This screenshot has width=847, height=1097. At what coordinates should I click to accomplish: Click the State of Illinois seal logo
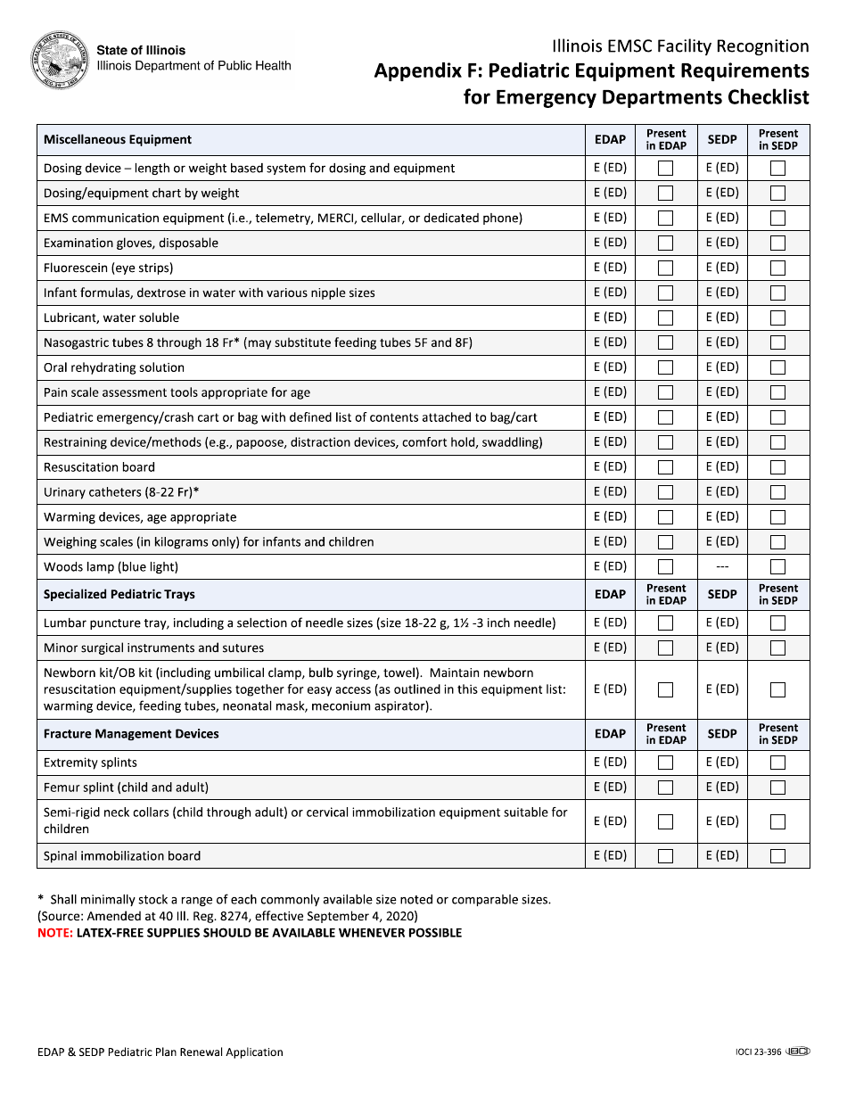click(60, 60)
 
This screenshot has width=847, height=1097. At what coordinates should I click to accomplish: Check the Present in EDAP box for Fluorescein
click(665, 268)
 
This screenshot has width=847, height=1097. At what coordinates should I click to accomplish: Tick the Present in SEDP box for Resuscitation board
click(777, 467)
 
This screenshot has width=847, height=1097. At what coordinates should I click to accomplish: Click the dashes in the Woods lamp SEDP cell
click(722, 567)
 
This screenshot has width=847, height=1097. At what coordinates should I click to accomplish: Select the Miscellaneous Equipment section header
click(118, 140)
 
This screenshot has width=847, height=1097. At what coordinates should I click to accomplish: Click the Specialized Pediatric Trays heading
click(119, 595)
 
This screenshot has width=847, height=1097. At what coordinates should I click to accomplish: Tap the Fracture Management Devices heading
click(131, 734)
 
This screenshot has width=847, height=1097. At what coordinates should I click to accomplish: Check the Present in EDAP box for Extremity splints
click(665, 763)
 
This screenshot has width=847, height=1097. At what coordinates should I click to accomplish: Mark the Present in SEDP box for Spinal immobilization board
click(777, 856)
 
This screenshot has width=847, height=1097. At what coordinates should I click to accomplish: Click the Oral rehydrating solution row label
click(114, 367)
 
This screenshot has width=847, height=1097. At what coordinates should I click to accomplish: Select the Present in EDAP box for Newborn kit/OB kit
click(665, 689)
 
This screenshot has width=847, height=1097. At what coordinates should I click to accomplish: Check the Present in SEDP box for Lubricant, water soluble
click(777, 318)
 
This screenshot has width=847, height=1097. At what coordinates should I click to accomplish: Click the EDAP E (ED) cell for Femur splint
click(610, 788)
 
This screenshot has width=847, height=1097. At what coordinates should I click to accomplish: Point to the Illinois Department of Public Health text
click(193, 66)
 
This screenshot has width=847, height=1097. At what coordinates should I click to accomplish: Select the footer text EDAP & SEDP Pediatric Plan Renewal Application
click(160, 1052)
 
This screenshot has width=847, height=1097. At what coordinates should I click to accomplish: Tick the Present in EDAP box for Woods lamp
click(665, 567)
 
